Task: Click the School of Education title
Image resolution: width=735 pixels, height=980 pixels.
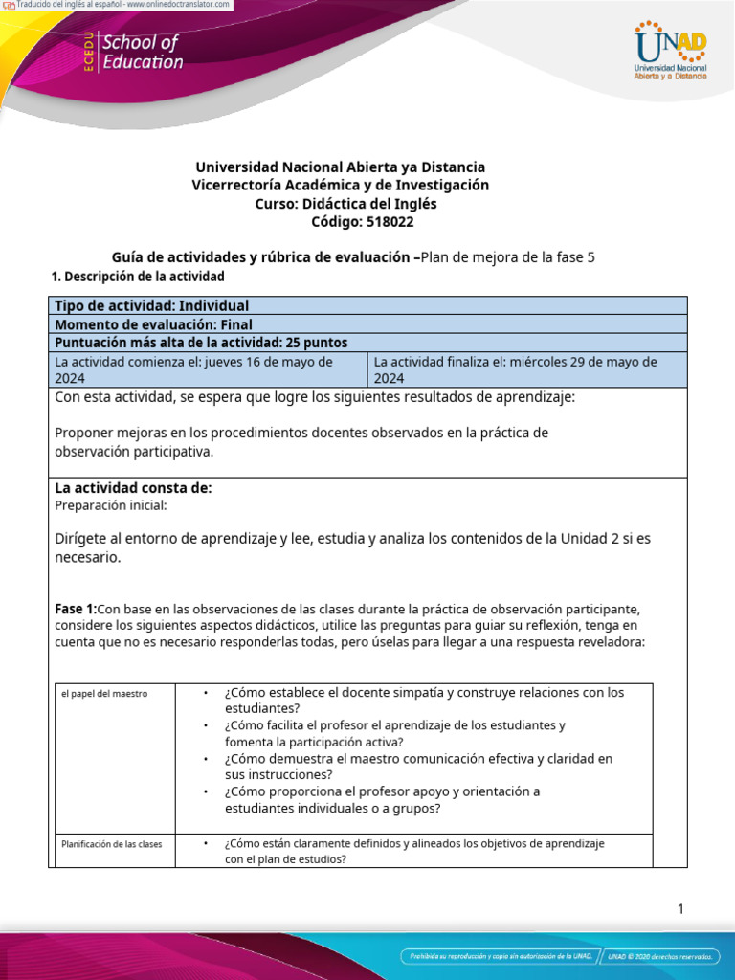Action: pos(142,53)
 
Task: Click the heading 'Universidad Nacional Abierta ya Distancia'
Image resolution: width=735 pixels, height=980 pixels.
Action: pos(340,167)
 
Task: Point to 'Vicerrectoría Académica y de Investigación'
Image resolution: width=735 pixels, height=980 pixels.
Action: pos(340,185)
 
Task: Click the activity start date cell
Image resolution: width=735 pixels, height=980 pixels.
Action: pos(208,369)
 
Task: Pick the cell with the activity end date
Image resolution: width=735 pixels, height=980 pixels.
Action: pos(527,369)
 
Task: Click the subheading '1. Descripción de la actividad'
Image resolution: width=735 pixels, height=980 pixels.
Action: pos(137,277)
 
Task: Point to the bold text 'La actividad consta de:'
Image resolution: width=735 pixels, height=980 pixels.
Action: pos(133,488)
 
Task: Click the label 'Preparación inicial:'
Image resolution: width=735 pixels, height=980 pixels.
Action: pos(111,505)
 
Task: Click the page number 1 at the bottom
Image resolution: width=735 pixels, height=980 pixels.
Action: pos(680,909)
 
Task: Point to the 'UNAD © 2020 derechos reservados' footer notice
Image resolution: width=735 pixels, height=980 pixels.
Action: pos(660,956)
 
